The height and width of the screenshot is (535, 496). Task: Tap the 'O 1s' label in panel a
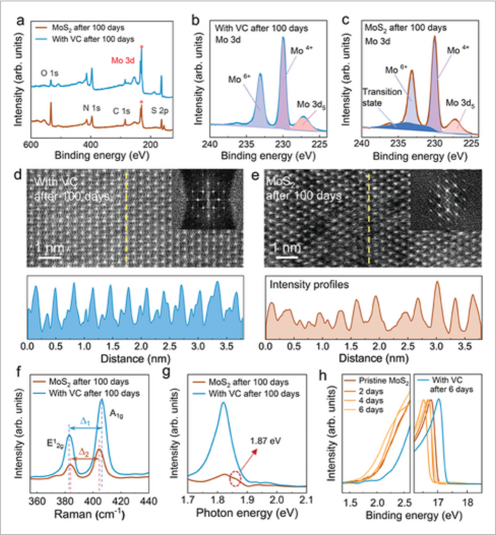click(x=50, y=74)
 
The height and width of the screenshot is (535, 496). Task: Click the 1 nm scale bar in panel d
click(x=49, y=257)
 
